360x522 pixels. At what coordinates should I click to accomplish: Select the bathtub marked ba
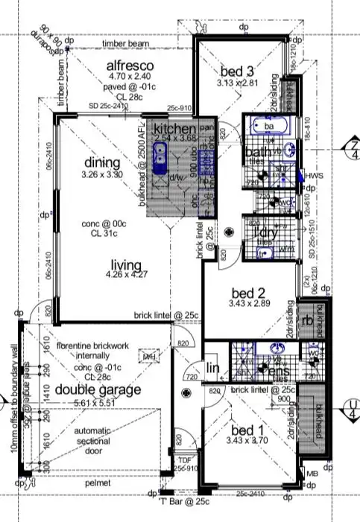[264, 128]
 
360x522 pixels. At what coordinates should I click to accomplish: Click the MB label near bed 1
[312, 472]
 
